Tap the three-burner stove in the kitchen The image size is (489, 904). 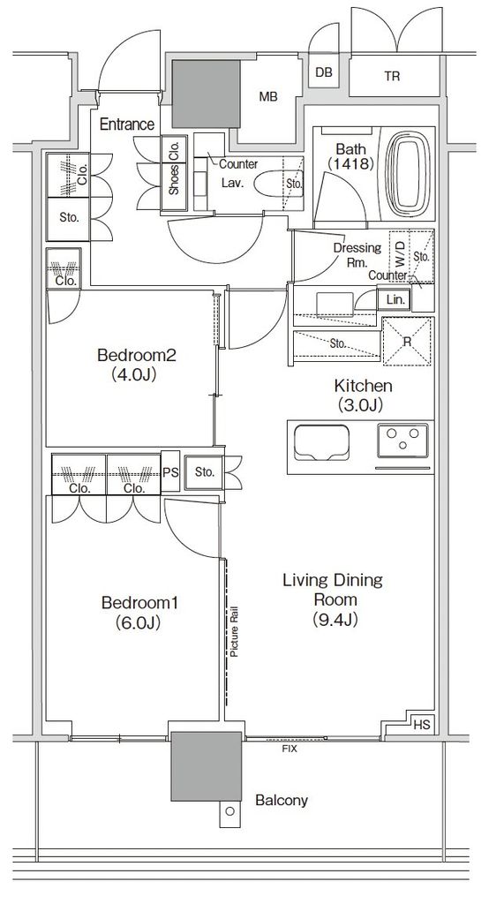pos(403,439)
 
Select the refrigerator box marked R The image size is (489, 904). pos(407,341)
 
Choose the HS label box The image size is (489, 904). pos(422,725)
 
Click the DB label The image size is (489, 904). pos(324,72)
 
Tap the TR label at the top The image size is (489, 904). pos(392,76)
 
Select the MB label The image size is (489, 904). pos(268,97)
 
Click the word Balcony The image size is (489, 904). pos(282,800)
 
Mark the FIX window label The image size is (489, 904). pos(289,749)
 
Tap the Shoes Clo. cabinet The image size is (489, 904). pos(174,165)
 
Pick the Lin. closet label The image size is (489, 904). pos(395,300)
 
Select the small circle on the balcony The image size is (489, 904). pos(230,812)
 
